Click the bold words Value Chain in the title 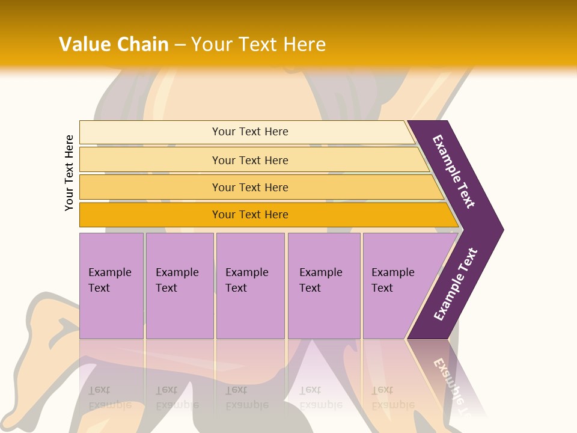[x=114, y=44]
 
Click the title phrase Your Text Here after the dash [x=258, y=44]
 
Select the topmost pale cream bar [x=150, y=132]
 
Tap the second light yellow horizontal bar [x=150, y=160]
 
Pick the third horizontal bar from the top [x=150, y=187]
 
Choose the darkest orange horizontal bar [x=150, y=215]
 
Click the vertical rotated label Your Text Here [x=69, y=173]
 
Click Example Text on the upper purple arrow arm [x=454, y=171]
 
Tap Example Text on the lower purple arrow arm [x=456, y=284]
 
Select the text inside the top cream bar [x=250, y=132]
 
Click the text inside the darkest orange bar [x=250, y=215]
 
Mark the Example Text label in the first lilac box [x=109, y=280]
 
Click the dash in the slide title [x=180, y=45]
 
